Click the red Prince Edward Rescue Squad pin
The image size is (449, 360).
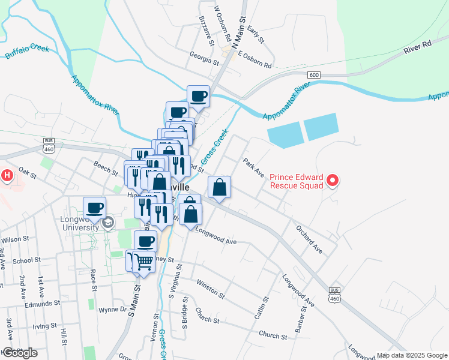334,179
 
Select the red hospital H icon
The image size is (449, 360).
7,176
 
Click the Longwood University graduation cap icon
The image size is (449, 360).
108,223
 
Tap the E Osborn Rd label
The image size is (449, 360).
255,59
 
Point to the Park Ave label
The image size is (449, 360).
253,167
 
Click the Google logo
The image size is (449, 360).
20,353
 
